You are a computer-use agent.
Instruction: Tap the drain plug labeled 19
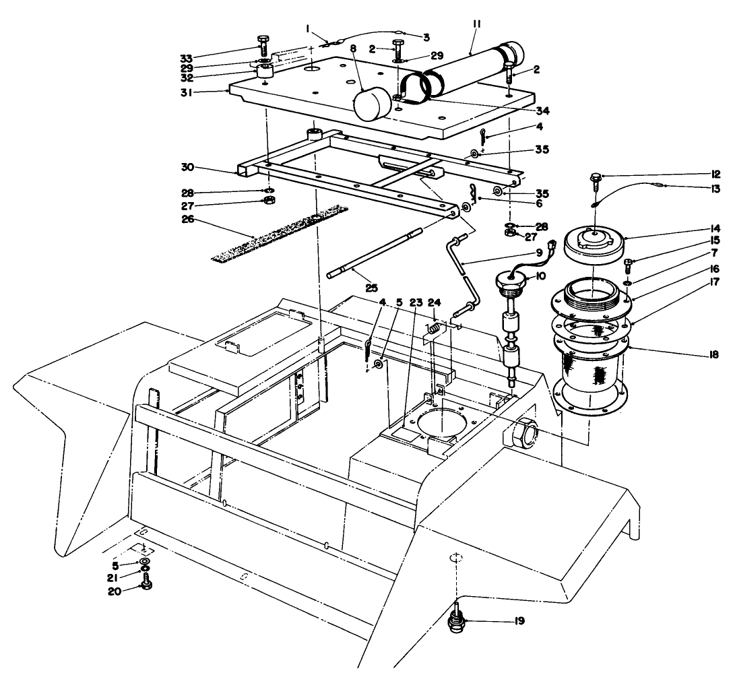457,623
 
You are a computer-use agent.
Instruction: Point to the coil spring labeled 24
435,328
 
